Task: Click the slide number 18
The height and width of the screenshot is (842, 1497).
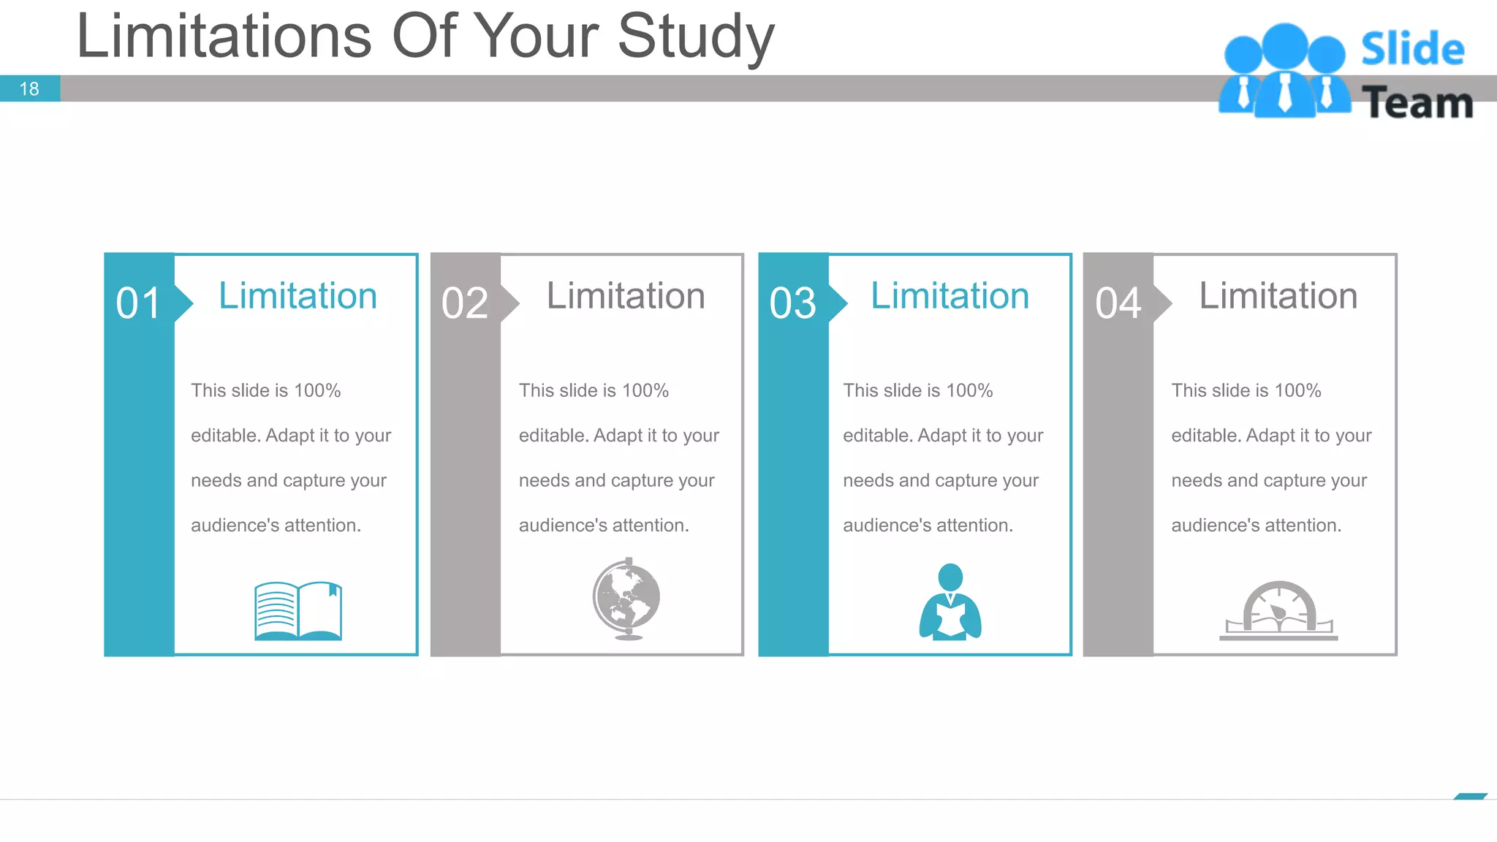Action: tap(29, 89)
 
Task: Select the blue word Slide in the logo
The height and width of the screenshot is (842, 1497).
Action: tap(1412, 50)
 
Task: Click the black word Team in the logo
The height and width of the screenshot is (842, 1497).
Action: tap(1417, 103)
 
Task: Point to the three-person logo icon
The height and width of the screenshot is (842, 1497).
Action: tap(1284, 71)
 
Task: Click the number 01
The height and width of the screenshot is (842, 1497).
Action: tap(138, 303)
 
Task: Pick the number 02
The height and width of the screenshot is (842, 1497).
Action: tap(464, 303)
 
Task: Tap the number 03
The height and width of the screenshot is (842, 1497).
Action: tap(792, 303)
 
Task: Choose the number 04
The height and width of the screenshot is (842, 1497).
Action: tap(1118, 303)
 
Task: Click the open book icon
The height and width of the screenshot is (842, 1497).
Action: tap(297, 611)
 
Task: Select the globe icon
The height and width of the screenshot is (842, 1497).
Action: tap(626, 599)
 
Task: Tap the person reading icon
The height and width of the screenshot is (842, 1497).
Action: tap(950, 602)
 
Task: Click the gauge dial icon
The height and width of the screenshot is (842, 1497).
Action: tap(1278, 611)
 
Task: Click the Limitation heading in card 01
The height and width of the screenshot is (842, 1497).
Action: tap(297, 296)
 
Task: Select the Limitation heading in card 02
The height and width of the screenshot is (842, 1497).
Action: tap(626, 296)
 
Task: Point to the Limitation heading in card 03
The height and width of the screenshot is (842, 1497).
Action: tap(950, 296)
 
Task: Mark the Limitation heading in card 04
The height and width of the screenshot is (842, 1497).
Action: tap(1278, 296)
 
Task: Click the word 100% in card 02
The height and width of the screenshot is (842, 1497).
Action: tap(645, 390)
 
